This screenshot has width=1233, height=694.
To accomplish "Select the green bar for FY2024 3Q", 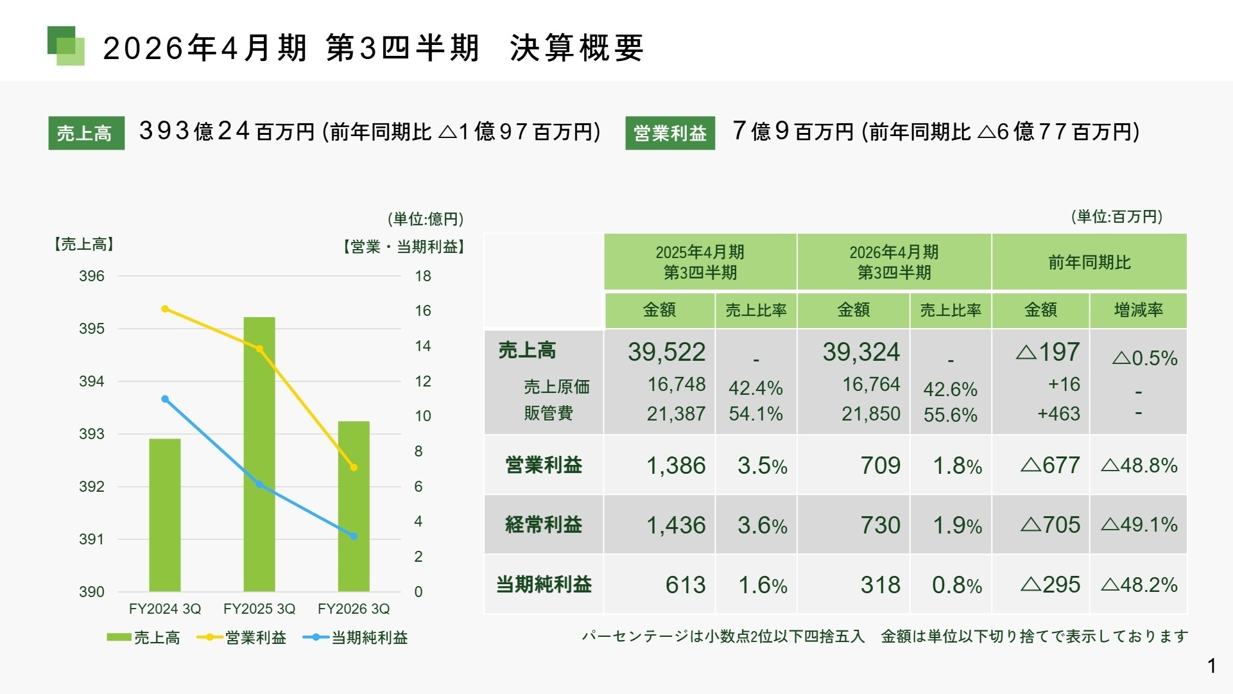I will (x=165, y=514).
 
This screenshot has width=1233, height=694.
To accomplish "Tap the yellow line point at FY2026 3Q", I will (x=354, y=467).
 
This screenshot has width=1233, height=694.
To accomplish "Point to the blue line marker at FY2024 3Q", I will (x=165, y=399).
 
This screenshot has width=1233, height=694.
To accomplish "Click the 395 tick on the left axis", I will (x=91, y=329).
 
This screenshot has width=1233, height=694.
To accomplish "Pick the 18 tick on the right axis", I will (x=422, y=276).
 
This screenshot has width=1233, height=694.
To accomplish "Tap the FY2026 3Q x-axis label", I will (x=354, y=609).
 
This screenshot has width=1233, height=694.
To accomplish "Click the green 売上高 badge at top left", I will (x=86, y=133).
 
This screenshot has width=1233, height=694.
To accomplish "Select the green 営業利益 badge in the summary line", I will (x=669, y=133).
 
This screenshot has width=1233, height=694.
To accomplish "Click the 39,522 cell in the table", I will (x=666, y=352).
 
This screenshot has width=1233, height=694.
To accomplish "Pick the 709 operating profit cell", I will (x=880, y=465).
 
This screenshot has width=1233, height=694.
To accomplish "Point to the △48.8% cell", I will (x=1139, y=465).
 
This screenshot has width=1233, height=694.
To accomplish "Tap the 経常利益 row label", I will (x=543, y=525).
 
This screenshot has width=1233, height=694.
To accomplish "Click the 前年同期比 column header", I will (x=1089, y=262).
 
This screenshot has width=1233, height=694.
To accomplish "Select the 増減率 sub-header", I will (x=1138, y=310).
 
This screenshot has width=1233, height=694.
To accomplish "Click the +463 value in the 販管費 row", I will (x=1058, y=413).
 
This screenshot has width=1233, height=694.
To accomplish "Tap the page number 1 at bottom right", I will (x=1211, y=666).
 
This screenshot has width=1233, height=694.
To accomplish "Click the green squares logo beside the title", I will (x=66, y=46).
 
